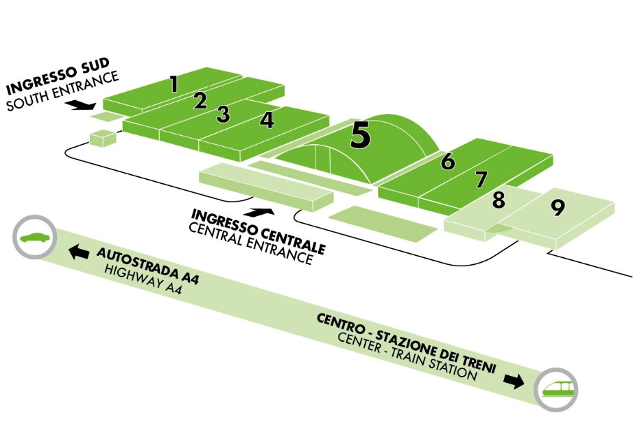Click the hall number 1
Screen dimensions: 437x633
[174, 84]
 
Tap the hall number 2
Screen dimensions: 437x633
[200, 101]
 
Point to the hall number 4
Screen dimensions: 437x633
[267, 120]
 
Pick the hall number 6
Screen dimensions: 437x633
[448, 161]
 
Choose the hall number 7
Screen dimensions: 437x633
[481, 179]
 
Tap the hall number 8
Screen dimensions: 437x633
[499, 200]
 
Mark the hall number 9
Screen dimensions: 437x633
[557, 208]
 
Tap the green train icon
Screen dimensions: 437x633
[556, 389]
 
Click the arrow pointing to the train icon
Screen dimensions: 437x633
[512, 379]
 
